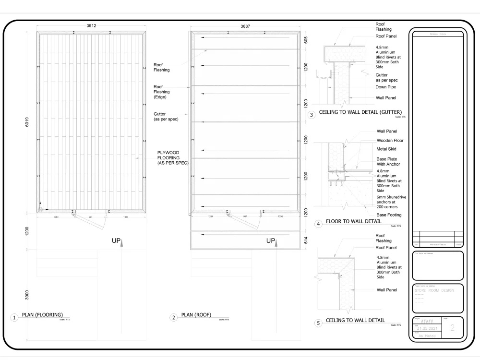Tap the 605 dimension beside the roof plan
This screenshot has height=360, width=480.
[306, 40]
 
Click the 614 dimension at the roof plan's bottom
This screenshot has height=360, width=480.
[306, 241]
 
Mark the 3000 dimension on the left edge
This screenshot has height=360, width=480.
[27, 294]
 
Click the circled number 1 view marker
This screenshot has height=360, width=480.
[15, 317]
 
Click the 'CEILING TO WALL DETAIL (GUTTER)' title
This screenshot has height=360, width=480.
[360, 112]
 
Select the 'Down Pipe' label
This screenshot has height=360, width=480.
[386, 87]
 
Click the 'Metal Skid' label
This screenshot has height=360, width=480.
[386, 149]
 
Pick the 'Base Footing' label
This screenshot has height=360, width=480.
[389, 215]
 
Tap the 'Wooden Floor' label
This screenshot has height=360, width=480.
[390, 141]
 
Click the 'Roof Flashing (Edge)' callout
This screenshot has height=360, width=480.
[161, 92]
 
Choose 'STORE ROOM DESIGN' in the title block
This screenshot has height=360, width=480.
[434, 290]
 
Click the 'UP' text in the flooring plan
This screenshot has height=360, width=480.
[116, 240]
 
